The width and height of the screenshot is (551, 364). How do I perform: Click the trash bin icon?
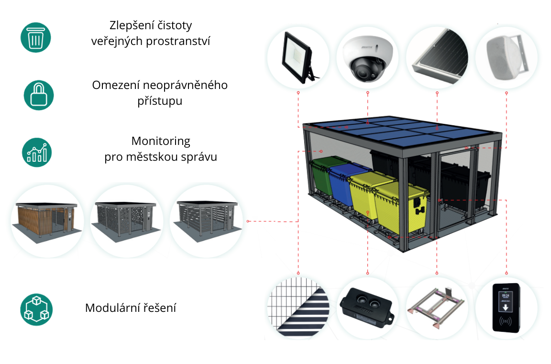[35, 37]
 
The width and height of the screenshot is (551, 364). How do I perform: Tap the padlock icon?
[39, 95]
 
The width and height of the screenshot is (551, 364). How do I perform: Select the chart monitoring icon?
[37, 152]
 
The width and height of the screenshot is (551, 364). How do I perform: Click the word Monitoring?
[161, 141]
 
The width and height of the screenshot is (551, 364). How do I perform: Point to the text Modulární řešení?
[131, 308]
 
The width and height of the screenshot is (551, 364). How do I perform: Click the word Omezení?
[113, 85]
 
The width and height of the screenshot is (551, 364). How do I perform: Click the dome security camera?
[367, 58]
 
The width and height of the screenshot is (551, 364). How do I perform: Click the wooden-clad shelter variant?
[46, 220]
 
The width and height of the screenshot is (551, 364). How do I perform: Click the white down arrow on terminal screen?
[505, 305]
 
